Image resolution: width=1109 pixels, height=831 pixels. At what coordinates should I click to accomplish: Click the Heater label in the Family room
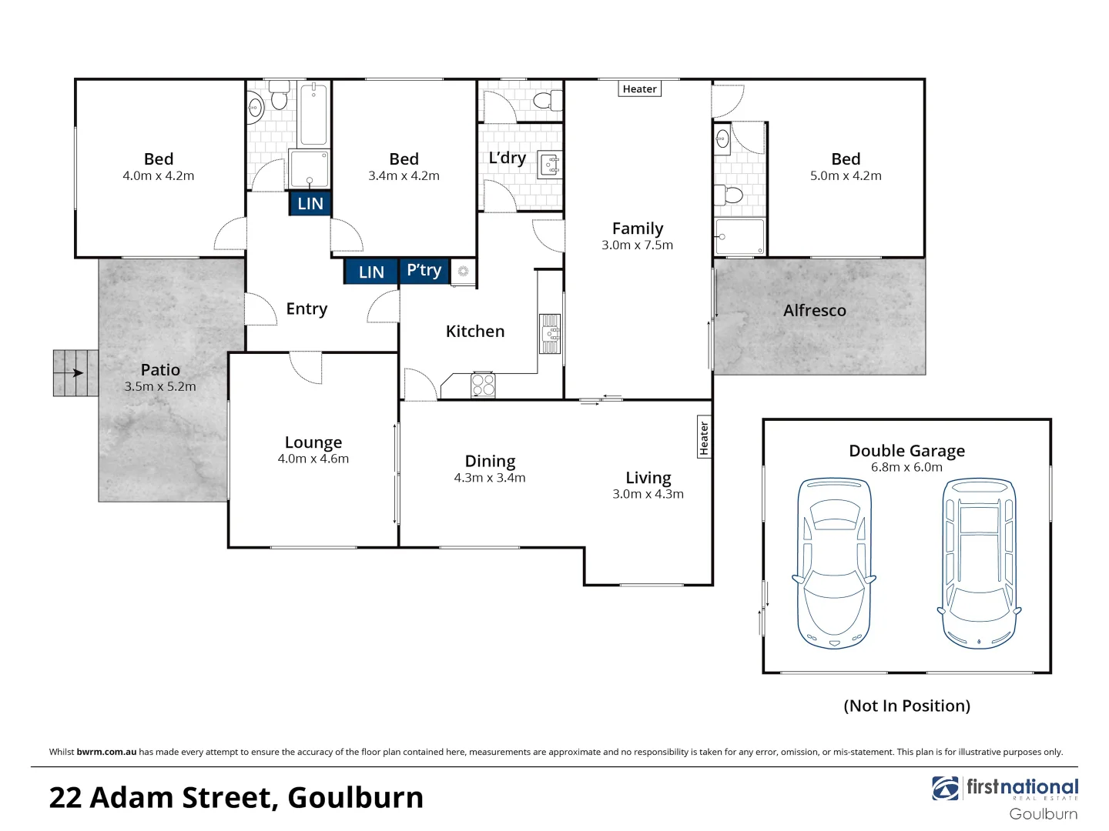point(639,89)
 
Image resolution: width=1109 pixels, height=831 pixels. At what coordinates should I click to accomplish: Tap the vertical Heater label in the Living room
point(704,438)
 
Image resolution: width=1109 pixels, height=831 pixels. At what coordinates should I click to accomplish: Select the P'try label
point(424,271)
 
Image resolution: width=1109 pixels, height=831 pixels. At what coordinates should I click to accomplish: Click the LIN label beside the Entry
point(370,272)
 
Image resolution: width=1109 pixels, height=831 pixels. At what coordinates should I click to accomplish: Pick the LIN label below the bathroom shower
point(310,203)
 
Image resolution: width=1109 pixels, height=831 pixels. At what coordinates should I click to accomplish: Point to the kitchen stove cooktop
point(483,385)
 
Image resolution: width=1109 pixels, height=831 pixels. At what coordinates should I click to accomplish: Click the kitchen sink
point(550,333)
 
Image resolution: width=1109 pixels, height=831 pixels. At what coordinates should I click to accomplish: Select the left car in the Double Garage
point(834,562)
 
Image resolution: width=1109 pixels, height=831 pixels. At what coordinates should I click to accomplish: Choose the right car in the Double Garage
point(980,562)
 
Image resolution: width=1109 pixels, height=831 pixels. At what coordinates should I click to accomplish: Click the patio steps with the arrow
point(75,373)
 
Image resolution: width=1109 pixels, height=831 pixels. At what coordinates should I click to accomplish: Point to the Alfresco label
point(814,311)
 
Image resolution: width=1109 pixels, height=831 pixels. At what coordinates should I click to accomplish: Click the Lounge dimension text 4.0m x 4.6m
point(313,459)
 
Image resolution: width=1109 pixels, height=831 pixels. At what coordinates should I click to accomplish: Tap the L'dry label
point(507,158)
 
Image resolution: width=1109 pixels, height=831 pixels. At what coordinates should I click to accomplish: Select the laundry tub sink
point(550,163)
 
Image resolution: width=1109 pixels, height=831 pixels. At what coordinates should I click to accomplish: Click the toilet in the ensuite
point(732,194)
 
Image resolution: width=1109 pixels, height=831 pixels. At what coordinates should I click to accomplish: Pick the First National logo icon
point(945,788)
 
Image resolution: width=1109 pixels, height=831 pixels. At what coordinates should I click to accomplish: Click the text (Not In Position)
point(906,706)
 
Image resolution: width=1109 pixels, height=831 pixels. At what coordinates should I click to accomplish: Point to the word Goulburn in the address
point(355,798)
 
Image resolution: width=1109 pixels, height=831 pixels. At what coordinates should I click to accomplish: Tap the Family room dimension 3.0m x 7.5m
point(637,245)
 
